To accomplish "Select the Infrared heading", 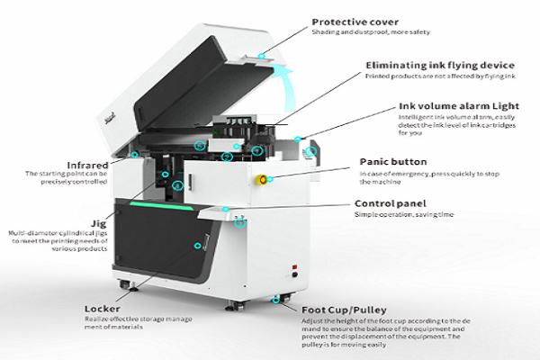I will tap(87, 166).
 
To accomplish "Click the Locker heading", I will tap(103, 310).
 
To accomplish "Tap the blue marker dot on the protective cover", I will tap(263, 56).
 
